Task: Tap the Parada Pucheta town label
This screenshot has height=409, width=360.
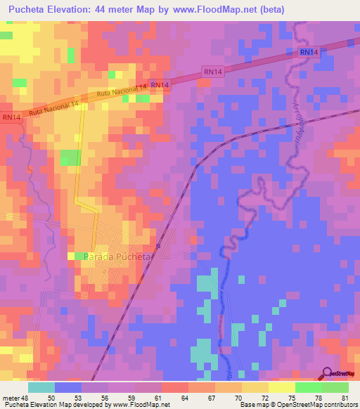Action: (117, 257)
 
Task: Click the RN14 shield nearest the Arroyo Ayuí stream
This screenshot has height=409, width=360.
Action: (308, 53)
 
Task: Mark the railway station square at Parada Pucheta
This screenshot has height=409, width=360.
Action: (159, 247)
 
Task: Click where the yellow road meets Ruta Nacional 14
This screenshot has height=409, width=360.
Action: (83, 105)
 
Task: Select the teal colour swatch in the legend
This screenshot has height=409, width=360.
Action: (41, 387)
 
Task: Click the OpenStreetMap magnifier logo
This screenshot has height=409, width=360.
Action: (328, 373)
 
